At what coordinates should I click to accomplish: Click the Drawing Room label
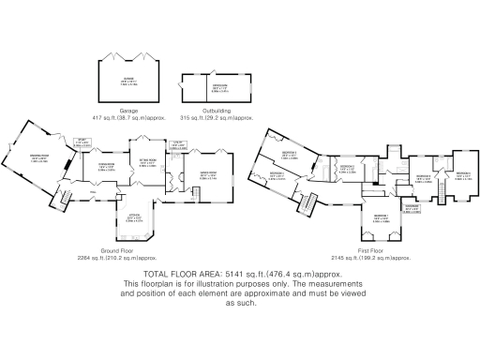40,158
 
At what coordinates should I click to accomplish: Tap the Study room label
81,143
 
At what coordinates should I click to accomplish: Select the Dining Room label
106,167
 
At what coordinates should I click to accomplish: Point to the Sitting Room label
147,161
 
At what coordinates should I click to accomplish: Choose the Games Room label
208,173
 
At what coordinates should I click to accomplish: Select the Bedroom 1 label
381,216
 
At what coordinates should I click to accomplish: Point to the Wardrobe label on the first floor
412,207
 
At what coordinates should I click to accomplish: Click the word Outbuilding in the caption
217,111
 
